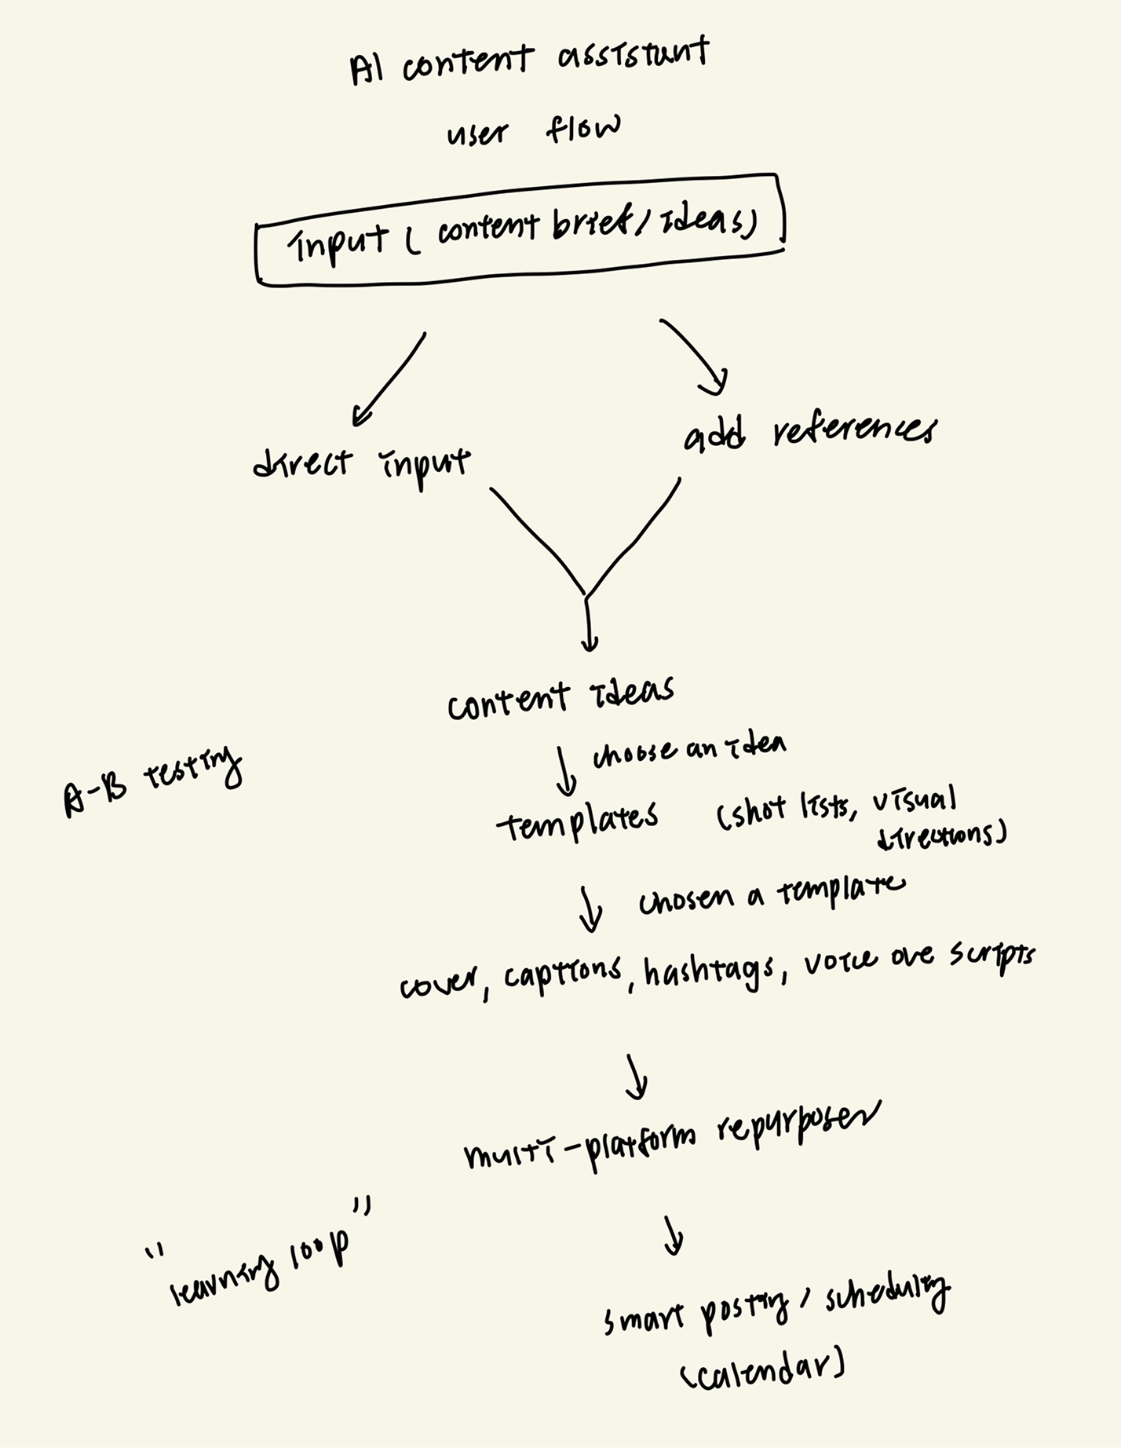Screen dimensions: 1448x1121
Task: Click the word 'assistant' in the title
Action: coord(634,59)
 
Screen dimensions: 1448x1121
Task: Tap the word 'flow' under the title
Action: coord(582,128)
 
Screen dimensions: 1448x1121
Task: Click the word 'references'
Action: coord(854,431)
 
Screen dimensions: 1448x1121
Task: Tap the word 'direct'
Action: coord(302,463)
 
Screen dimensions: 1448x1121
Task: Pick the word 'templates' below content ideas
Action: coord(578,821)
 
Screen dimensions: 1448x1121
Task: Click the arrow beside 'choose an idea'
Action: coord(564,771)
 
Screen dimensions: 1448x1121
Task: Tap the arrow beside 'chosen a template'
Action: coord(590,909)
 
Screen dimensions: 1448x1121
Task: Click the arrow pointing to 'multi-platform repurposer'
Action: coord(637,1077)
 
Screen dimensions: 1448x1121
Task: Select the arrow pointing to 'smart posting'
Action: coord(672,1237)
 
